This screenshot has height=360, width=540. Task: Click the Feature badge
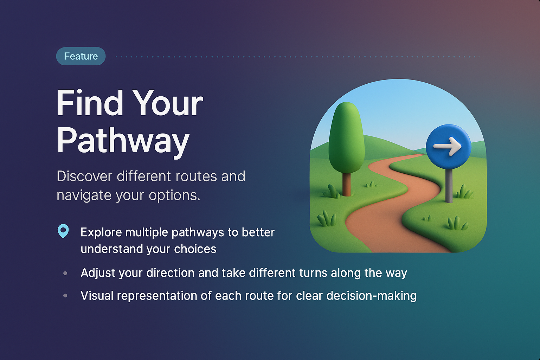point(81,56)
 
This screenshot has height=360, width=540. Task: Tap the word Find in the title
point(90,103)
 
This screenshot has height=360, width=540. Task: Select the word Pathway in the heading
point(123,141)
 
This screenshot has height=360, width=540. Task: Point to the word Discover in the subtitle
point(84,176)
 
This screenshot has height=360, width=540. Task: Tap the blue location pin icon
point(63,231)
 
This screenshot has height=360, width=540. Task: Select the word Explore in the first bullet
point(101,233)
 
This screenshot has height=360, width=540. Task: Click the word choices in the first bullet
point(195,249)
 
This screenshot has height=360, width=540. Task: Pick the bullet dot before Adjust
point(65,273)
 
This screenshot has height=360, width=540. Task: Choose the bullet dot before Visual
point(65,296)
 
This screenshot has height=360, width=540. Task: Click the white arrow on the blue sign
point(448,146)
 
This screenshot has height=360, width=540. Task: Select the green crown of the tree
point(347,137)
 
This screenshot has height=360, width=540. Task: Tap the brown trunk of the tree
point(347,185)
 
